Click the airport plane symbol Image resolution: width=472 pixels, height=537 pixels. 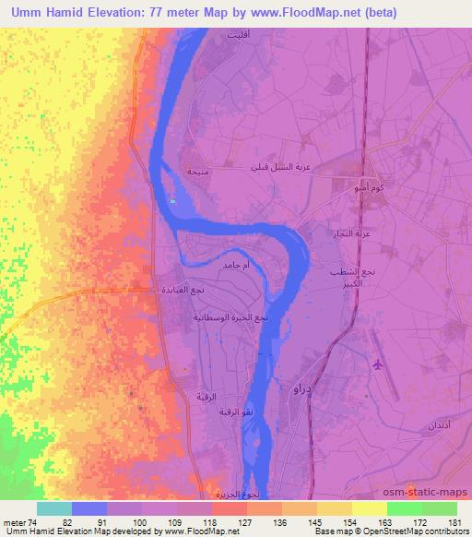pyautogui.click(x=378, y=365)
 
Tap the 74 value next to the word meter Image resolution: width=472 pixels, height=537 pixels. pyautogui.click(x=33, y=522)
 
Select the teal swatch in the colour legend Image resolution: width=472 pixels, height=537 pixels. pyautogui.click(x=54, y=508)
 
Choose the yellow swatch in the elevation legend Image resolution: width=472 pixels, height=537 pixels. pyautogui.click(x=368, y=508)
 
